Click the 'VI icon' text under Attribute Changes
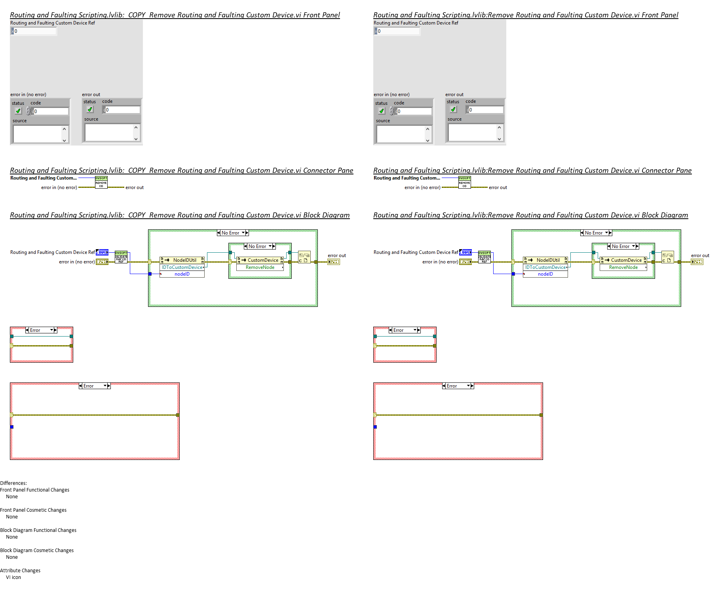click(x=13, y=577)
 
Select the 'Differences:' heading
click(x=13, y=483)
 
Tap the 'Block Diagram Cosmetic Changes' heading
click(x=37, y=550)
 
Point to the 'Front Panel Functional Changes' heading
click(x=35, y=490)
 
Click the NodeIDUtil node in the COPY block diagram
click(x=182, y=260)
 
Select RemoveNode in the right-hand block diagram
click(x=623, y=268)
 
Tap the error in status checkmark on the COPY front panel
click(x=18, y=111)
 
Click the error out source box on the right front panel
click(x=473, y=133)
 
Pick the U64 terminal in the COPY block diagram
click(x=102, y=252)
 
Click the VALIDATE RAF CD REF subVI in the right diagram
click(x=484, y=257)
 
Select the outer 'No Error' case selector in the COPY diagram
click(x=232, y=233)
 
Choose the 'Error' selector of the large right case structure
click(x=458, y=386)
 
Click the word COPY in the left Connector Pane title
click(x=137, y=170)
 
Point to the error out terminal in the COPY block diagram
click(x=333, y=262)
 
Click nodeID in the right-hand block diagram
click(x=545, y=274)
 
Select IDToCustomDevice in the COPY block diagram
click(x=182, y=267)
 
